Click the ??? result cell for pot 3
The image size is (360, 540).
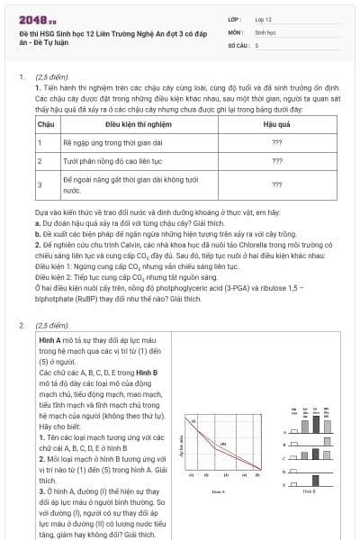pos(276,184)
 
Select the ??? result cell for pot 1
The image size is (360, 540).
pos(276,141)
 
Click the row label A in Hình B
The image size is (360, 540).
pos(283,432)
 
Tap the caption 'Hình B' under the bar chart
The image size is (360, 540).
pos(309,492)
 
